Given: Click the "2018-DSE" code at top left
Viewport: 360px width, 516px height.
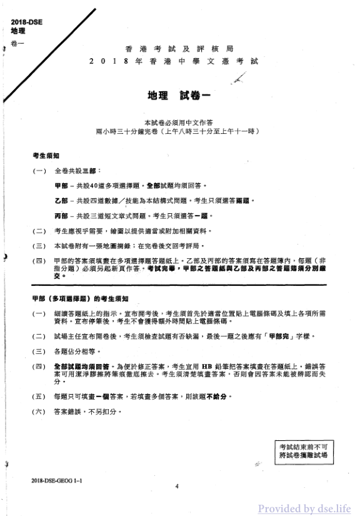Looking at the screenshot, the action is (23, 23).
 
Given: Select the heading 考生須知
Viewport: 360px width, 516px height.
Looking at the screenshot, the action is (46, 154).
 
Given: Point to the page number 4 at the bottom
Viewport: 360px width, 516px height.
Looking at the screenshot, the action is (177, 486).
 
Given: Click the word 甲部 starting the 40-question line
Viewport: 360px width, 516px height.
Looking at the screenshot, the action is (61, 186).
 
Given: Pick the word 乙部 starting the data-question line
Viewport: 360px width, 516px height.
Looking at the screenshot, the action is (61, 201).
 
